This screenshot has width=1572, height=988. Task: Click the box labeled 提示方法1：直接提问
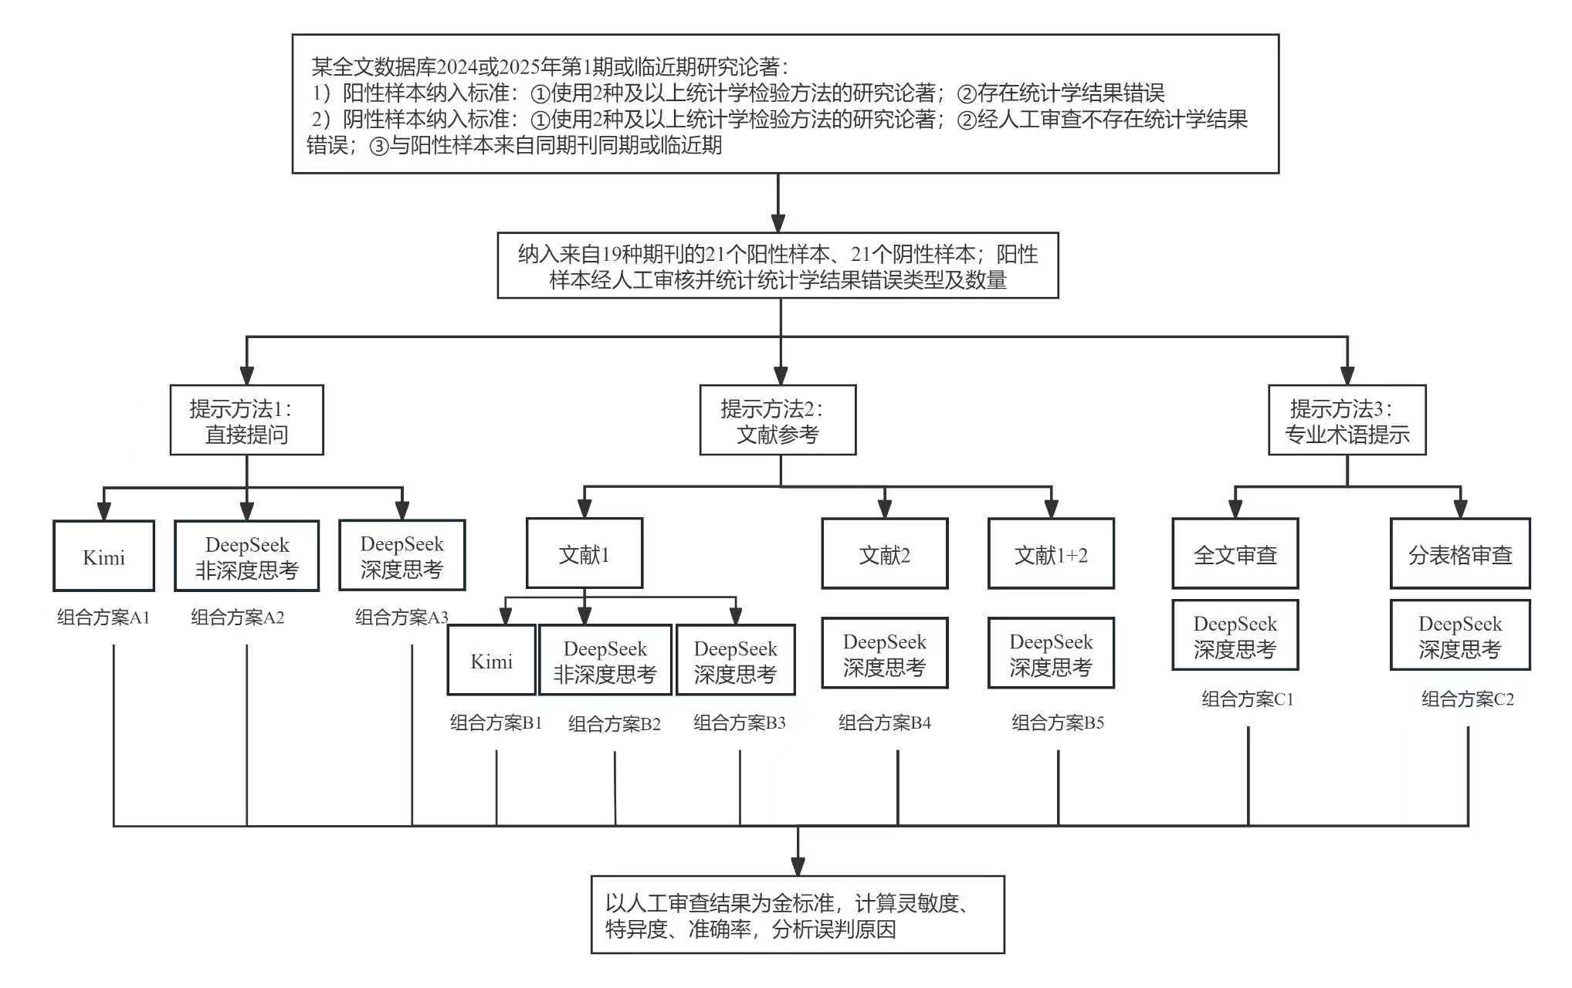pyautogui.click(x=246, y=420)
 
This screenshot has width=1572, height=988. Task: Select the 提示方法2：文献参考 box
pyautogui.click(x=778, y=420)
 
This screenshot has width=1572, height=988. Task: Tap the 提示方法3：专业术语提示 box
pyautogui.click(x=1347, y=420)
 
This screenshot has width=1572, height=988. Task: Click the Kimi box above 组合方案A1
pyautogui.click(x=103, y=556)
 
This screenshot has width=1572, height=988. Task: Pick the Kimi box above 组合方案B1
pyautogui.click(x=491, y=660)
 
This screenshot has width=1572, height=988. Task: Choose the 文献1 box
pyautogui.click(x=584, y=553)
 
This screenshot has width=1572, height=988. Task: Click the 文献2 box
pyautogui.click(x=884, y=553)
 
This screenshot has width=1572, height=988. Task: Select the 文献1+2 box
pyautogui.click(x=1051, y=553)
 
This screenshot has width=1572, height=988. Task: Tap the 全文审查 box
pyautogui.click(x=1235, y=553)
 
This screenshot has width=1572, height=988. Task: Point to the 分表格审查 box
pyautogui.click(x=1459, y=553)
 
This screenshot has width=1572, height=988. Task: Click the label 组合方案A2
pyautogui.click(x=237, y=617)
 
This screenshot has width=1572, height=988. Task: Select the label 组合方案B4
pyautogui.click(x=885, y=722)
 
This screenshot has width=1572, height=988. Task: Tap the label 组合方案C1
pyautogui.click(x=1247, y=699)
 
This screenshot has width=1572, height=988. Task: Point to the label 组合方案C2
pyautogui.click(x=1467, y=699)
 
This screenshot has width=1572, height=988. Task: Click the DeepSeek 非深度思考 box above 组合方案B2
pyautogui.click(x=605, y=660)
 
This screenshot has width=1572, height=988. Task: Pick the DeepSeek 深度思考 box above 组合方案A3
pyautogui.click(x=401, y=556)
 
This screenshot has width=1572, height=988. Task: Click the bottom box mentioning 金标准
pyautogui.click(x=798, y=915)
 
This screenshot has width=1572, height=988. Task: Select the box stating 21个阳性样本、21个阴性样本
pyautogui.click(x=778, y=266)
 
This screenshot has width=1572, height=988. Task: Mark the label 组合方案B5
pyautogui.click(x=1058, y=722)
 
